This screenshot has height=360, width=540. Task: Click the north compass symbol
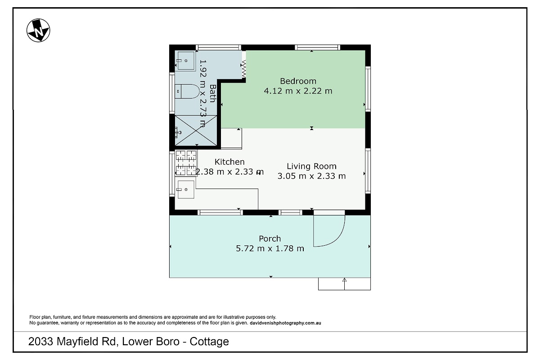coord(38,30)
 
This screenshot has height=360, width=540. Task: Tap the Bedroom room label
coord(298,81)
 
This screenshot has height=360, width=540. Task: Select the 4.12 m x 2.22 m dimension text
coord(298,91)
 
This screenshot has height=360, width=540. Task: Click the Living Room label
coord(311,166)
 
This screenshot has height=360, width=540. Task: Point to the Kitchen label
coord(229,162)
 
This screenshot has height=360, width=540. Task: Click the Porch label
coord(270,238)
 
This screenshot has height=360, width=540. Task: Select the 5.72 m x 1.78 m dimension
coord(270,248)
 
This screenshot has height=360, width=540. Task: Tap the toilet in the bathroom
coord(187,91)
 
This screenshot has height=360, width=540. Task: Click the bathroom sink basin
coord(185,61)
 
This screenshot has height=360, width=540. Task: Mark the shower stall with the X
coord(196,130)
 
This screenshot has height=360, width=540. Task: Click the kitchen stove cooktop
coord(186,163)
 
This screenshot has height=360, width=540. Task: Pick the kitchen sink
coord(186,189)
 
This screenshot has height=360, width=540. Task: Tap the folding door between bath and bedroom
coord(244,69)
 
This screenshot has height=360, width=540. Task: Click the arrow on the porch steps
coord(344,284)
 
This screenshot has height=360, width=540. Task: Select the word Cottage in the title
coord(209,342)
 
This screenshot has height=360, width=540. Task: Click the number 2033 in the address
coord(40,342)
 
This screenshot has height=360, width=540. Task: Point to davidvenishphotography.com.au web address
coord(285,323)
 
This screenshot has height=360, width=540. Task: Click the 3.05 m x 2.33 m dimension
coord(311,176)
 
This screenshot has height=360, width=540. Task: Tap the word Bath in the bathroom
coord(212,93)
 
